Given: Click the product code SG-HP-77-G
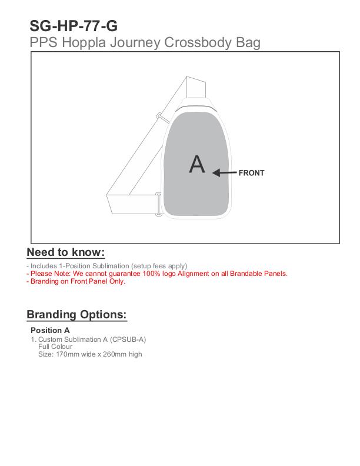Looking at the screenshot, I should [74, 26].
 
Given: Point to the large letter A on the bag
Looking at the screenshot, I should [197, 164].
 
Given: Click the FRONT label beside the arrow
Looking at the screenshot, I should [251, 173].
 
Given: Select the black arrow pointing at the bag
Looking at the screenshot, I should [224, 173].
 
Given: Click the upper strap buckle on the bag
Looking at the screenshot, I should [159, 116].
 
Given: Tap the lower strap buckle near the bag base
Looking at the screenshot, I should [158, 204].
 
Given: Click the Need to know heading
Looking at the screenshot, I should [66, 252].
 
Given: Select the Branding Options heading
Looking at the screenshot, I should [76, 314].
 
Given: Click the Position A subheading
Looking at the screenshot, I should [50, 330].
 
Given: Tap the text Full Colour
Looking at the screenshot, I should [55, 347].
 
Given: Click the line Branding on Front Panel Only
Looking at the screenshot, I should [76, 281].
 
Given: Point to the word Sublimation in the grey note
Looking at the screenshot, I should [106, 266].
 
